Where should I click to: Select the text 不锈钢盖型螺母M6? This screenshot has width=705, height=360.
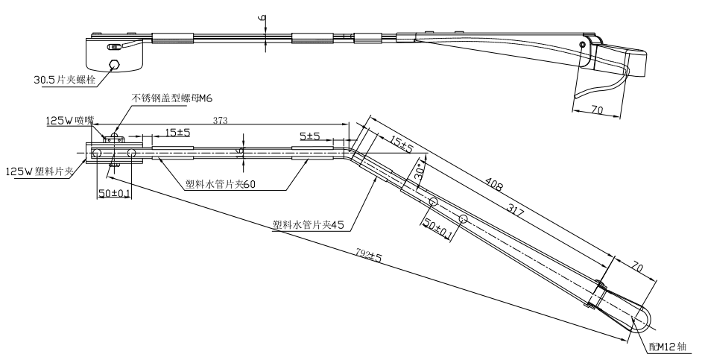(171, 98)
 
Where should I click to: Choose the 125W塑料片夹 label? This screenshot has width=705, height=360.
(39, 171)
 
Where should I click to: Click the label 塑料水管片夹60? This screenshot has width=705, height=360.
(221, 186)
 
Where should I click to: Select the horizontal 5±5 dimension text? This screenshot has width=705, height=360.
(310, 136)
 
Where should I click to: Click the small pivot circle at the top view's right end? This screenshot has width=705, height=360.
(581, 45)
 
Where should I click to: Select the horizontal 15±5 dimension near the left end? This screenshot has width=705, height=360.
(177, 133)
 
